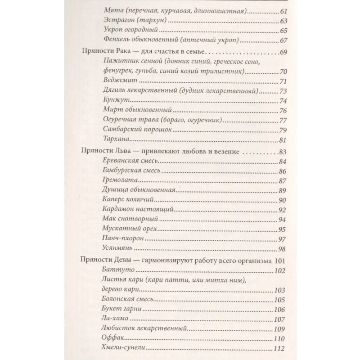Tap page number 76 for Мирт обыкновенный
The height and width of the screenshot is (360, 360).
[283, 111]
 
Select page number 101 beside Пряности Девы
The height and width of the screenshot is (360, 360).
[280, 261]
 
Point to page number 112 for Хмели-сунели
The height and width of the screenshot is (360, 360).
[281, 349]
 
